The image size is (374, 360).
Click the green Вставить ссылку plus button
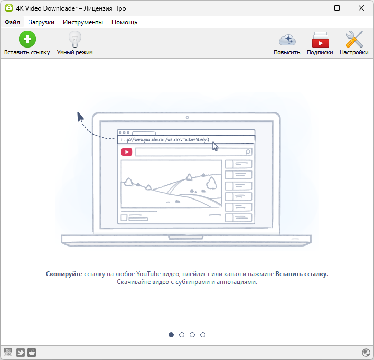[27, 39]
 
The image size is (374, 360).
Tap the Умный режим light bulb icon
[75, 39]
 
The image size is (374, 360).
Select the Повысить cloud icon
[287, 40]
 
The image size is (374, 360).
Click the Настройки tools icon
[354, 39]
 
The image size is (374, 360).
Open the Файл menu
[12, 22]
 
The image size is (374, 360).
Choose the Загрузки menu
[41, 22]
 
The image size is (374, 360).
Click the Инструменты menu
[83, 22]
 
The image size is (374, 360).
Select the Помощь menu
[124, 22]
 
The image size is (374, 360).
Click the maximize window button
[337, 8]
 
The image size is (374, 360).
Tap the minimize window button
[313, 8]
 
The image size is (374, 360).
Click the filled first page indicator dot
[171, 335]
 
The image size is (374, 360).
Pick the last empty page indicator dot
[203, 335]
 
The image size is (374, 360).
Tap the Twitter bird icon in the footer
[20, 353]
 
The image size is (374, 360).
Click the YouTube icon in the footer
[8, 353]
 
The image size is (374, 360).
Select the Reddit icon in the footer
[32, 353]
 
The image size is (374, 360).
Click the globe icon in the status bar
[366, 353]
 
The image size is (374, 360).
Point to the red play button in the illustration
[127, 152]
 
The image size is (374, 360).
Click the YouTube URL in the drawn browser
[165, 139]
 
